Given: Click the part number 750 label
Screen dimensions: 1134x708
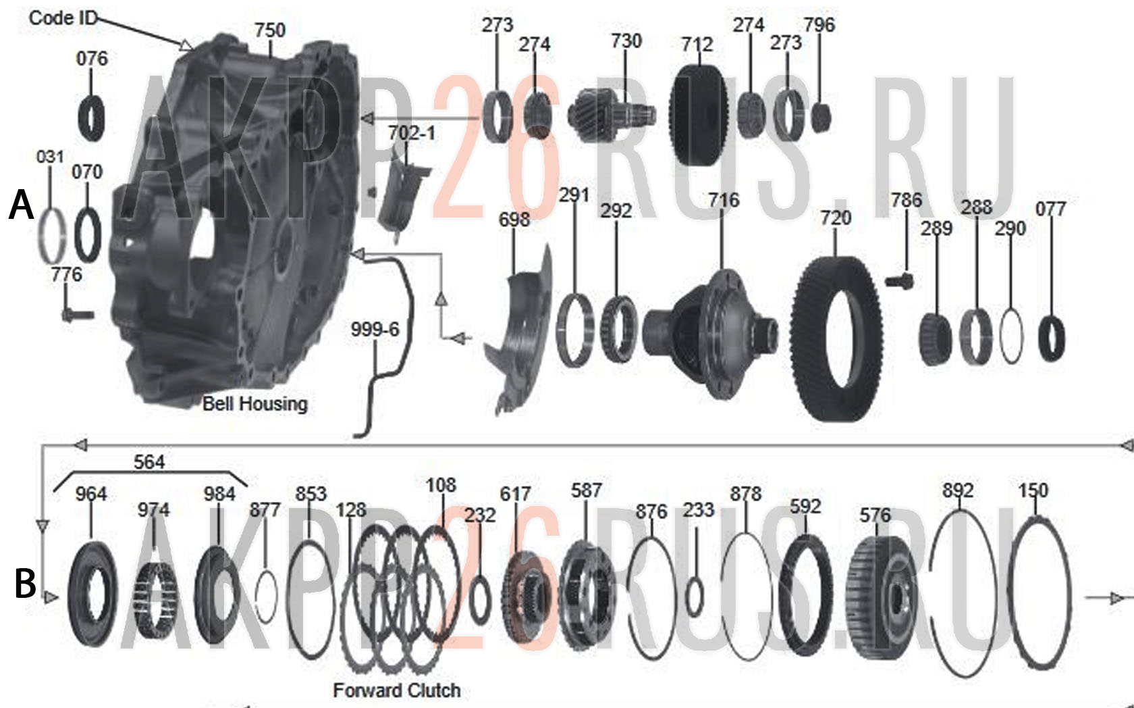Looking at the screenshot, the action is [270, 30].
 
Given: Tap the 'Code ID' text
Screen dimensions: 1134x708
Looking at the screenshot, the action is [63, 18].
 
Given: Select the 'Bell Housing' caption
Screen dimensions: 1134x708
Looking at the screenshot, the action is [255, 404].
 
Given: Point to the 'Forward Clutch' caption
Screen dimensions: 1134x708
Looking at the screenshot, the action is [397, 690].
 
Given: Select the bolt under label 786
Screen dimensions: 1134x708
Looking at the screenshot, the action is [899, 280].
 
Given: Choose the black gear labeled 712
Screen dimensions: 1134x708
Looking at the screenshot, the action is [698, 116].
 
